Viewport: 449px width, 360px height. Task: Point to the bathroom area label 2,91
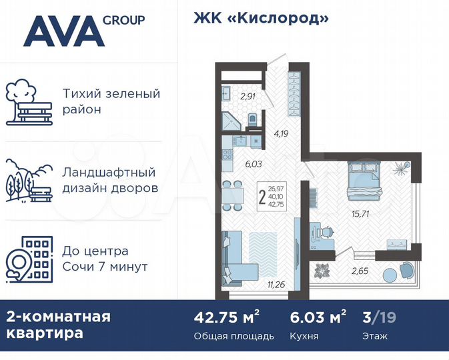click(x=248, y=95)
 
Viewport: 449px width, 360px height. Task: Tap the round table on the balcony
click(x=389, y=274)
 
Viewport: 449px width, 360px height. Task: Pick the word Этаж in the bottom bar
click(x=374, y=335)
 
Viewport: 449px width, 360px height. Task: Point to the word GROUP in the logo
click(x=123, y=20)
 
